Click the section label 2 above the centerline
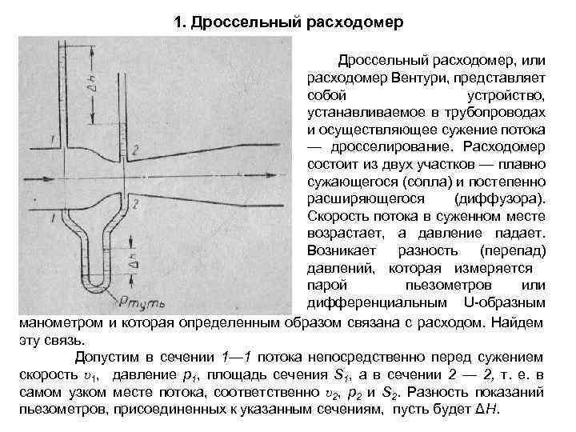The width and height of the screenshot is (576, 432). coord(137,150)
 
